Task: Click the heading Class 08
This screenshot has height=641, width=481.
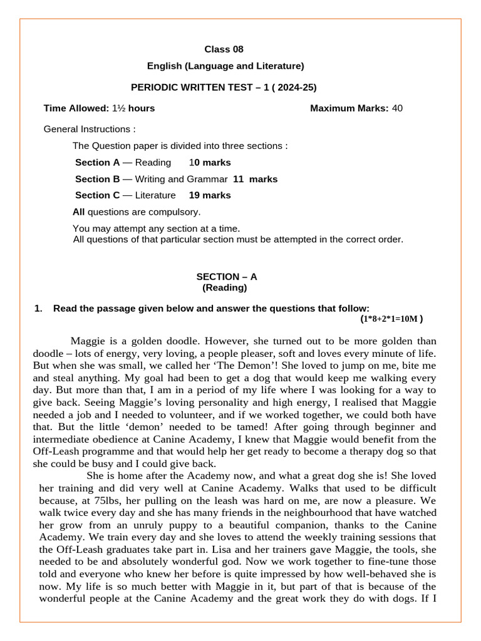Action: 224,49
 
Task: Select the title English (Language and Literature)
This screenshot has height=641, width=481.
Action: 225,66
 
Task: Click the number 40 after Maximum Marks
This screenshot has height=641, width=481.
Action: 397,108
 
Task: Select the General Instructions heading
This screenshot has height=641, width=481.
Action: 90,129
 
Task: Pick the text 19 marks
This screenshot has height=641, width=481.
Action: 210,195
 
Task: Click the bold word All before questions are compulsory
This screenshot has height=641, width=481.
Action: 79,212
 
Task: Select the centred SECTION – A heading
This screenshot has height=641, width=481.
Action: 226,277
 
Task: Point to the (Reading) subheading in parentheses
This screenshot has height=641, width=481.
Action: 224,288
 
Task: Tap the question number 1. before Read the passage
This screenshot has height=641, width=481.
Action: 38,308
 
